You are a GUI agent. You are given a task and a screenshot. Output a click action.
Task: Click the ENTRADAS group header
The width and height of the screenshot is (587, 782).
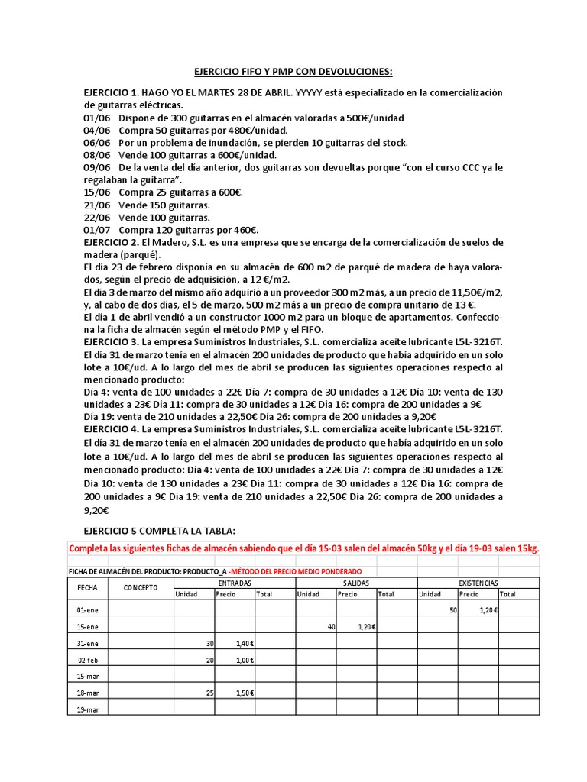(234, 583)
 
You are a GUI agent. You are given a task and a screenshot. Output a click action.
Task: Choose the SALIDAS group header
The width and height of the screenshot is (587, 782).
(355, 583)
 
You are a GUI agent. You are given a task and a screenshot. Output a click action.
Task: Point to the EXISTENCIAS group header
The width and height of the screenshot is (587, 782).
(478, 583)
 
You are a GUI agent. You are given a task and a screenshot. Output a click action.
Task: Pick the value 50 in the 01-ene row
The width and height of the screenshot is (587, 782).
(452, 610)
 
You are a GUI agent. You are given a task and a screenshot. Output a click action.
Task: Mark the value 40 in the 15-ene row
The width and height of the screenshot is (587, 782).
(330, 627)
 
